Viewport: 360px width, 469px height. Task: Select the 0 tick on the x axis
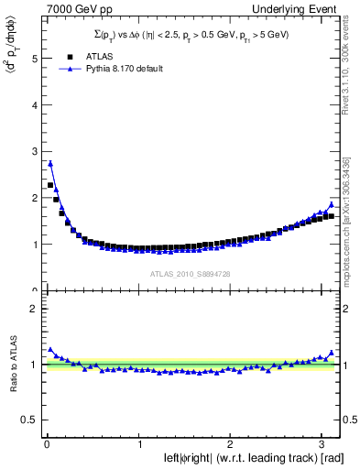[46, 444]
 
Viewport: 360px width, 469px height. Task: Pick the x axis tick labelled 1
[138, 444]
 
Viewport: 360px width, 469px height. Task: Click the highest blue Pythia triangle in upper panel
[50, 164]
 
